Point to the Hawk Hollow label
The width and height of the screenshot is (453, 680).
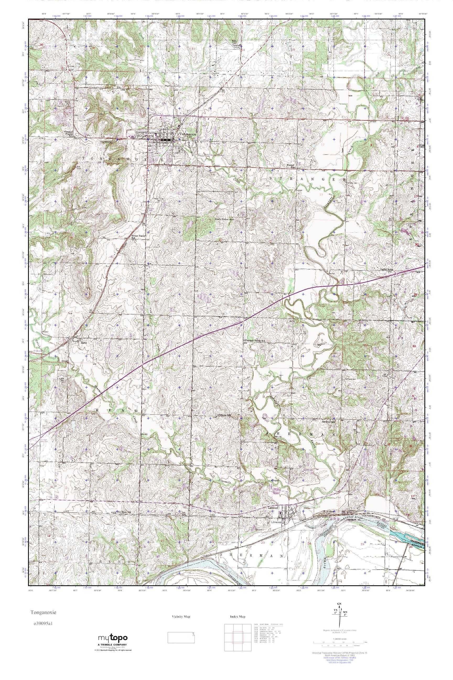click(x=224, y=219)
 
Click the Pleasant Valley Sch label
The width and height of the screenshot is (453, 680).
click(x=255, y=341)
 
